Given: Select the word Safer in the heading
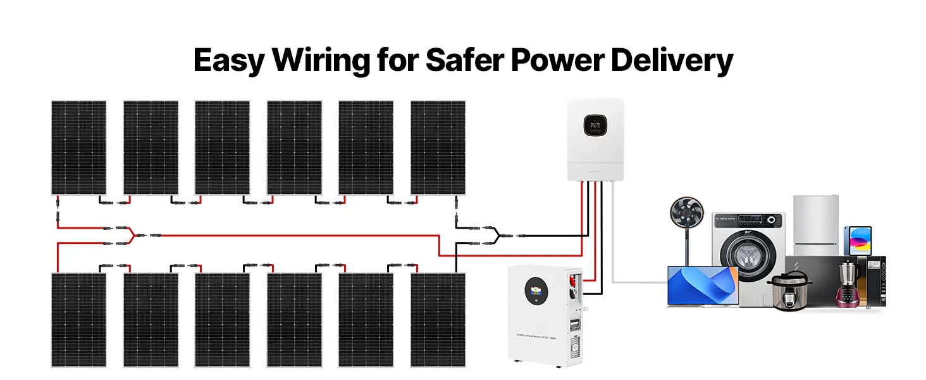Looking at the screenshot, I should [462, 61].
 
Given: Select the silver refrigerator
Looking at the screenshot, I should [816, 225].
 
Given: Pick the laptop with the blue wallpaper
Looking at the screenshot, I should [702, 286].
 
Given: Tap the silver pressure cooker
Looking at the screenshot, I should [788, 290].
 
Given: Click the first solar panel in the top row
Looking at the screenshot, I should [78, 147].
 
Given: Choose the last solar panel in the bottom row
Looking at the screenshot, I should [438, 320].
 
